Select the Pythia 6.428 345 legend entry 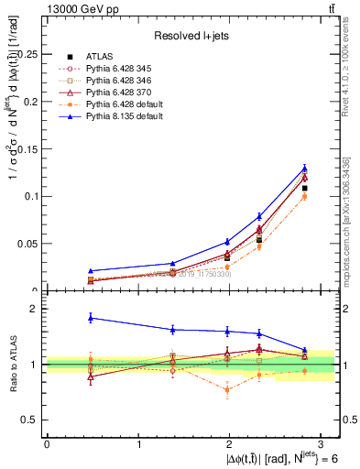pos(118,69)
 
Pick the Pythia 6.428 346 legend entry pos(118,81)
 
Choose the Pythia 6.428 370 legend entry pos(118,93)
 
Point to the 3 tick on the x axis pos(322,444)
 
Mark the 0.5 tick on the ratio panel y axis pos(32,420)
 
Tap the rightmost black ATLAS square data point pos(304,188)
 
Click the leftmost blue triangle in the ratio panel pos(90,318)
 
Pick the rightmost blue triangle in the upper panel pos(304,169)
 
